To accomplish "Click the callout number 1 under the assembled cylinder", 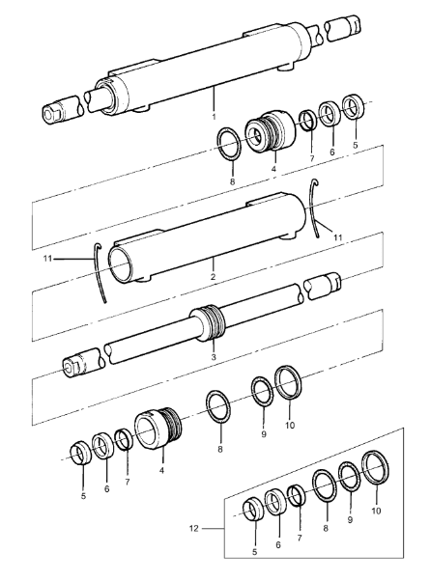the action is click(215, 117).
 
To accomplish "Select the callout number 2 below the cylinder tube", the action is click(213, 277).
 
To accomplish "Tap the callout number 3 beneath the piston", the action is click(214, 357).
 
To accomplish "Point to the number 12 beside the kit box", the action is click(194, 528).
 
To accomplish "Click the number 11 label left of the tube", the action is click(47, 259).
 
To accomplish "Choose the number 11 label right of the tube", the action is click(337, 237).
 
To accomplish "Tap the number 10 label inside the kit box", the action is click(377, 511).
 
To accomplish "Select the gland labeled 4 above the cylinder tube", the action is click(271, 131).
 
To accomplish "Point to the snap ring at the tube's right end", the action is click(311, 208).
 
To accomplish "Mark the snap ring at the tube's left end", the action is click(100, 273).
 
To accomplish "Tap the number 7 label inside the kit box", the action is click(300, 538).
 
